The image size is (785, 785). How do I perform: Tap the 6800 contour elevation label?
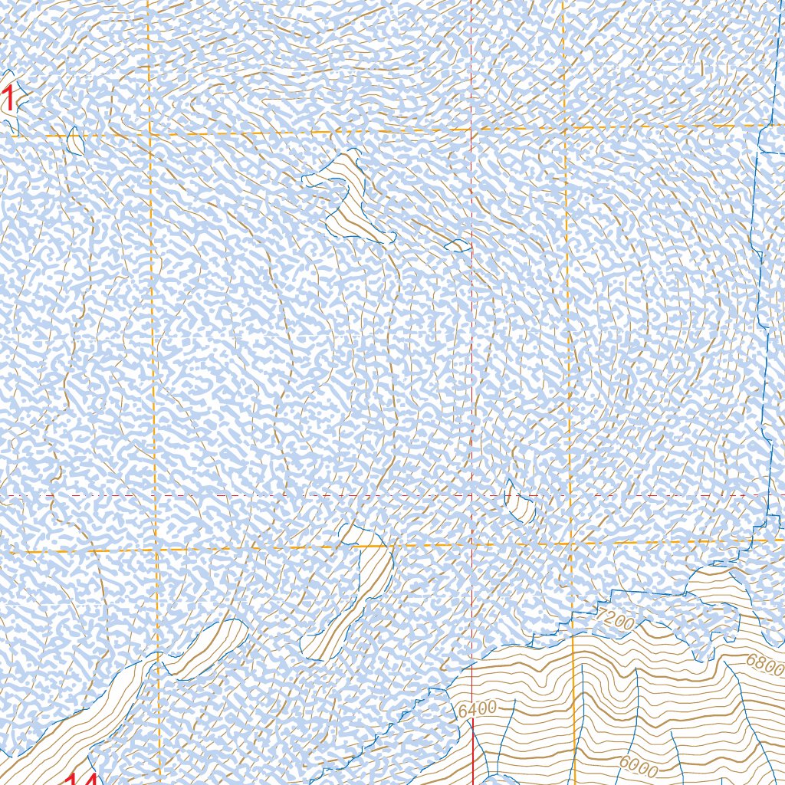(x=764, y=664)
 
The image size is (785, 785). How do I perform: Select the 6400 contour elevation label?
(x=477, y=709)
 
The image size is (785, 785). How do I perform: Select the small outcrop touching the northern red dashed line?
(x=458, y=245)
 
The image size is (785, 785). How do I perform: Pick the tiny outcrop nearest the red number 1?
(x=75, y=140)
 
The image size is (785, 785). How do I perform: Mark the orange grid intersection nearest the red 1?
(x=149, y=135)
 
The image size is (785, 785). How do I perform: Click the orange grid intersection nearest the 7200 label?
(x=572, y=544)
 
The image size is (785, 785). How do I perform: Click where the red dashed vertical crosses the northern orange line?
(x=471, y=130)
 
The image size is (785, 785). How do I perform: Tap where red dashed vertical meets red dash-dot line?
(x=471, y=495)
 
